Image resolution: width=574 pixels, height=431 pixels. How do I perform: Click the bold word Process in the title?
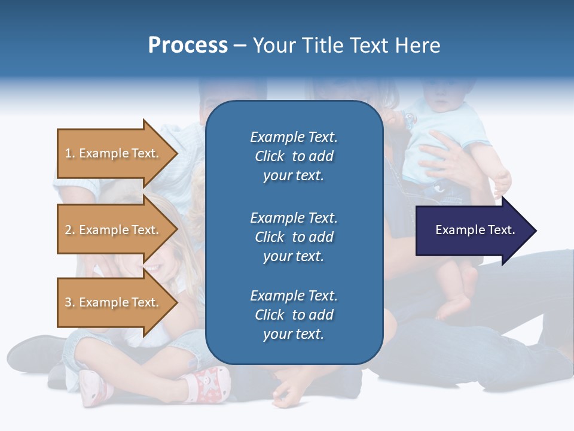pos(188,45)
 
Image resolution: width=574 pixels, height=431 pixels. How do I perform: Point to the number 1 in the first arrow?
pos(68,153)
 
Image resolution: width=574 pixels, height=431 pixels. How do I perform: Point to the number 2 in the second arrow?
pos(68,230)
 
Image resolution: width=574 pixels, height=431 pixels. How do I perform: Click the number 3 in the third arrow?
pos(68,302)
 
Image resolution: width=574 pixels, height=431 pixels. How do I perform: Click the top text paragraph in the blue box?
pos(294,156)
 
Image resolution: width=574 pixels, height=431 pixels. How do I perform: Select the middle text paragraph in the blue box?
pos(294,237)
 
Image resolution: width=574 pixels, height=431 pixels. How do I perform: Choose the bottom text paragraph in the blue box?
pos(294,315)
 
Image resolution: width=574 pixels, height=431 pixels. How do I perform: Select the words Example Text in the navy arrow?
pos(475,230)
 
